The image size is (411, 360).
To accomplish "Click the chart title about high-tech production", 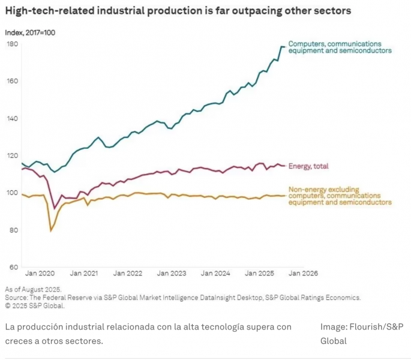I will click(x=178, y=11).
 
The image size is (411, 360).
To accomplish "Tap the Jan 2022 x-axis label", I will click(x=130, y=273).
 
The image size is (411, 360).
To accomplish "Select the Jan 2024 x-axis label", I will click(x=215, y=273).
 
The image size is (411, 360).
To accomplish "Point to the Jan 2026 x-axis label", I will click(x=301, y=273).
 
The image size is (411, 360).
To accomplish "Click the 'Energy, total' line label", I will click(x=308, y=166).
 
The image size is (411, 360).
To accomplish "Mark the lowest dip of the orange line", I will click(x=51, y=230).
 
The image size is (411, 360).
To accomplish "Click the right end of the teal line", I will click(x=284, y=47).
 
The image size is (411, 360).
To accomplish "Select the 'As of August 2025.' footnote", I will click(x=33, y=289).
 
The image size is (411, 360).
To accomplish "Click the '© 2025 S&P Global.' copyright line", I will click(x=35, y=305).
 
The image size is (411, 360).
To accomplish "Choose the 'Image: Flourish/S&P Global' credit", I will click(x=361, y=334).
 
